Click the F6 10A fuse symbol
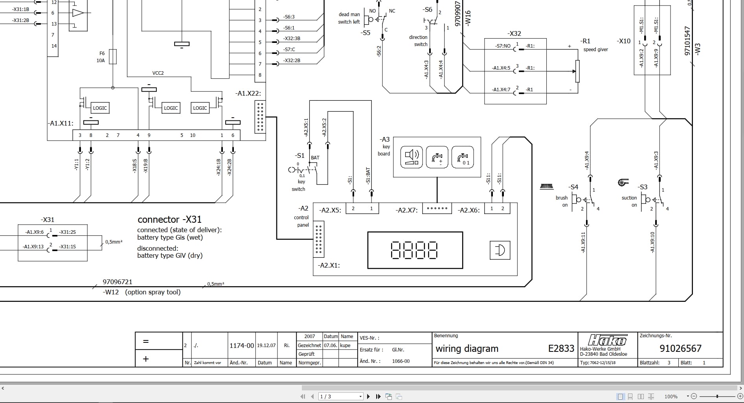(113, 57)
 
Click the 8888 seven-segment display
(414, 250)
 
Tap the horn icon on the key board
(411, 157)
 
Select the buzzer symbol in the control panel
(500, 250)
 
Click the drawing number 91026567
(680, 348)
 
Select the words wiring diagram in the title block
(467, 349)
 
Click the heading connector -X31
(169, 220)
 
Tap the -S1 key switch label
(300, 155)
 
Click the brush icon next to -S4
(547, 187)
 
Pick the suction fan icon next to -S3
(623, 182)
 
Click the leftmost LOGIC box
(99, 108)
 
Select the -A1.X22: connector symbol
(260, 117)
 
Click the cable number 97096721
(118, 282)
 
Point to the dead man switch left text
(349, 18)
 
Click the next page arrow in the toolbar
(368, 396)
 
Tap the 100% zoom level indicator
(671, 396)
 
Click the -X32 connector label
(514, 33)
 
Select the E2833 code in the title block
(561, 348)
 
